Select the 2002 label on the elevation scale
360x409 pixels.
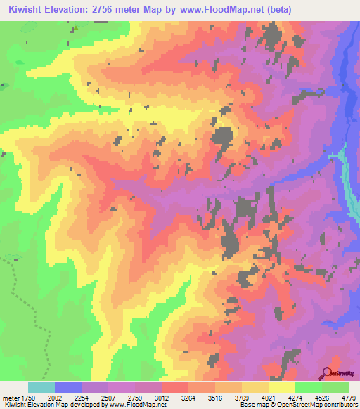pyautogui.click(x=69, y=398)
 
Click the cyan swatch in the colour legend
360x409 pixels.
pyautogui.click(x=41, y=387)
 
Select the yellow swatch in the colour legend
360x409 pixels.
pyautogui.click(x=281, y=387)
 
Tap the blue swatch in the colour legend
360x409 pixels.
pyautogui.click(x=68, y=387)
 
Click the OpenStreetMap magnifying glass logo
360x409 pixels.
pyautogui.click(x=327, y=372)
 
